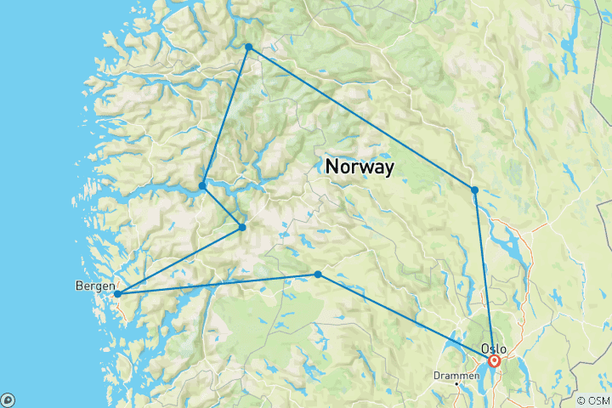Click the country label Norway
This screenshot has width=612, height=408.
360,167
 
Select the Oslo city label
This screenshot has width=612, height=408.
493,348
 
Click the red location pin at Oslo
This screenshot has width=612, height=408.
494,361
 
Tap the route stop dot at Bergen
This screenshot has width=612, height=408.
118,294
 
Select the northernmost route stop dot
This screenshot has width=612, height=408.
248,47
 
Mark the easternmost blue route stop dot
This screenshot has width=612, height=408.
475,190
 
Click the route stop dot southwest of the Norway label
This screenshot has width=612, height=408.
318,274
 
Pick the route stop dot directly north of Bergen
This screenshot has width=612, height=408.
202,185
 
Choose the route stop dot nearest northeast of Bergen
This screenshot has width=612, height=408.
242,227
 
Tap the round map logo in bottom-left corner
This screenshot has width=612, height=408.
8,400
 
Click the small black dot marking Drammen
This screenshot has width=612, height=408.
456,383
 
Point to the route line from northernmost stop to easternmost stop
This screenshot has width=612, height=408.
361,118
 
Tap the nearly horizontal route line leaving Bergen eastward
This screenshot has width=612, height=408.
218,284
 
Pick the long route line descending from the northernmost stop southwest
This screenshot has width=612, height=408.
225,116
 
